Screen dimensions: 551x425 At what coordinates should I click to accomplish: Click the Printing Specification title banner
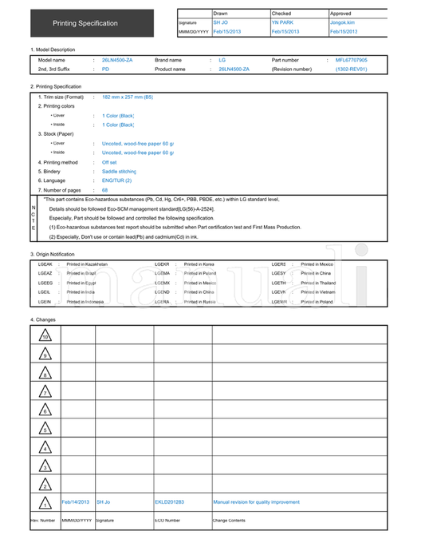pos(85,23)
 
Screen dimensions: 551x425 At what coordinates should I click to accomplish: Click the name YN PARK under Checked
pos(282,22)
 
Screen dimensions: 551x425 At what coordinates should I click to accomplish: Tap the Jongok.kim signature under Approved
pos(342,22)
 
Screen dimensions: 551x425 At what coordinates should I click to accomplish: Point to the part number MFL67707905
pos(351,60)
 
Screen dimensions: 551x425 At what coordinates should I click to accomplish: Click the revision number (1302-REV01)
pos(351,69)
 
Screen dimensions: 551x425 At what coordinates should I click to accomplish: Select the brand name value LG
pos(222,60)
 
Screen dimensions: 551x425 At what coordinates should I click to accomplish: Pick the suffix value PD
pos(105,69)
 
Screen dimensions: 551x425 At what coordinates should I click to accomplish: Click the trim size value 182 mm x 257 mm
pos(128,97)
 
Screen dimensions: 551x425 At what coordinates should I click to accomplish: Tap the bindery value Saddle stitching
pos(120,172)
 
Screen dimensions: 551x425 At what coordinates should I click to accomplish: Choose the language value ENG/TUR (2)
pos(116,180)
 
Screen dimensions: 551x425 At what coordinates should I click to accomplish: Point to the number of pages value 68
pos(105,190)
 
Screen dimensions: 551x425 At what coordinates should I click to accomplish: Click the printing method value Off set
pos(109,162)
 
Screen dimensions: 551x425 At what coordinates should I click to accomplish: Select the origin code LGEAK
pos(45,264)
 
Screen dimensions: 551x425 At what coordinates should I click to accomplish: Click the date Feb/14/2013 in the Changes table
pos(76,502)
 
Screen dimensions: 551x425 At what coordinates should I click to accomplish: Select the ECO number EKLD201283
pos(169,502)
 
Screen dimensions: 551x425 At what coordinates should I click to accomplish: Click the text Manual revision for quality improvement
pos(256,502)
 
